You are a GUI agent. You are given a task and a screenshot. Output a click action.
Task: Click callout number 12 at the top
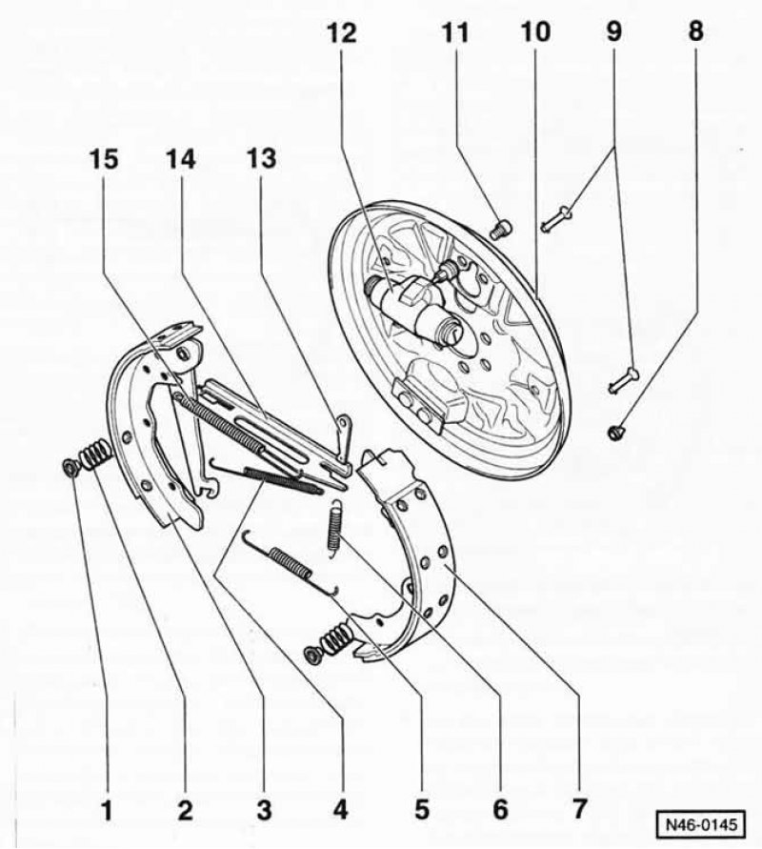342,33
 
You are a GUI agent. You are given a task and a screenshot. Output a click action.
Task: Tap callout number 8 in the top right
695,31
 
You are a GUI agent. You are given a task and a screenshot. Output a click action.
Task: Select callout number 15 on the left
103,159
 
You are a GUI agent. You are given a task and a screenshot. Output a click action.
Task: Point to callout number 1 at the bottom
107,811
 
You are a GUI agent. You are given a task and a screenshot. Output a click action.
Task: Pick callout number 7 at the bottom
578,810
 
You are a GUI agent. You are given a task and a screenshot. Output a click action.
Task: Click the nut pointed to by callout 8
616,432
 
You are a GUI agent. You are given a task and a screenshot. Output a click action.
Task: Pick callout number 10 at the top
535,32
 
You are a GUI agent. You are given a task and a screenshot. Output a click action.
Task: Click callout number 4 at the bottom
339,811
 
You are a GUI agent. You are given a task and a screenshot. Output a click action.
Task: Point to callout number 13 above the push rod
262,158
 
